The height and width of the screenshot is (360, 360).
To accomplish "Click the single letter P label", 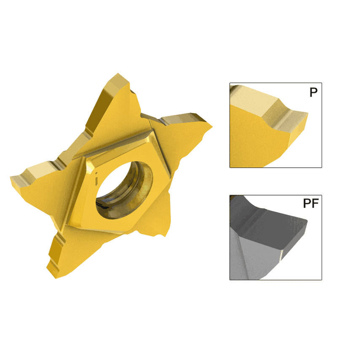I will [313, 92].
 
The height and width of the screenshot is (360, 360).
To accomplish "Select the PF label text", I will [310, 204].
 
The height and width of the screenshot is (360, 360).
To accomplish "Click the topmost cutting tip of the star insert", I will [117, 78].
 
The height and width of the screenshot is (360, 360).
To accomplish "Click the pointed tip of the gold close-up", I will [307, 113].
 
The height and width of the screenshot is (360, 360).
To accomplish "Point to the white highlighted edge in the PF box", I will [282, 253].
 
